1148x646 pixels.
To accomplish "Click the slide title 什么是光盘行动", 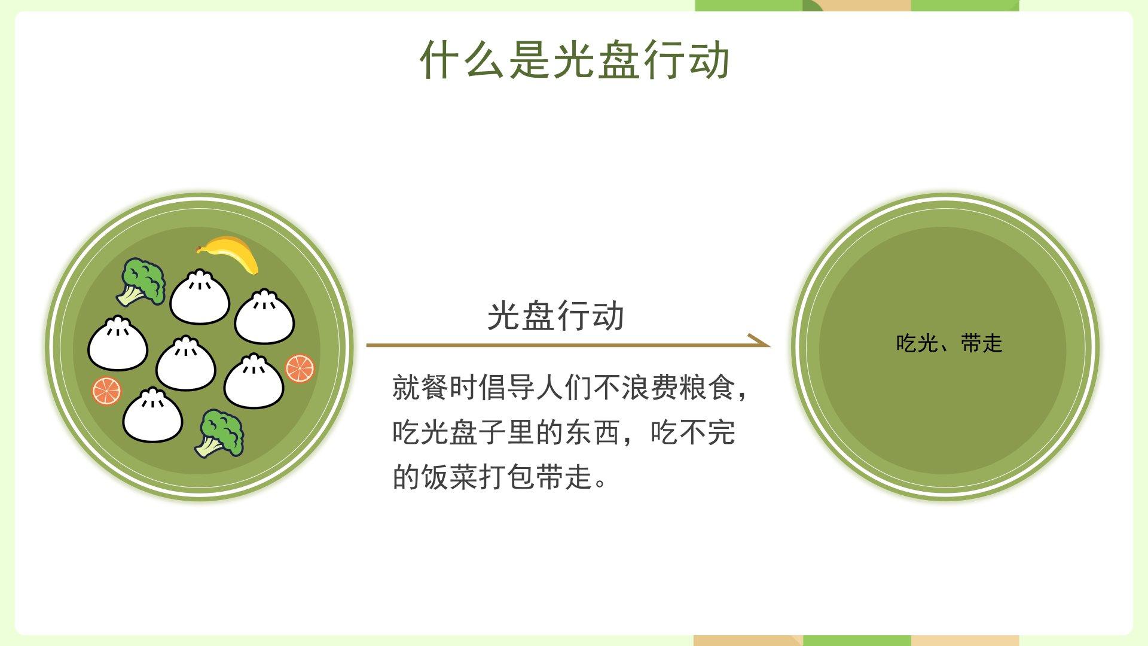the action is coord(575,60).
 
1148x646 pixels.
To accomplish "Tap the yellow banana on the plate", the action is coord(228,253).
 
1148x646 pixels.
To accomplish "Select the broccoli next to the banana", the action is coord(141,282).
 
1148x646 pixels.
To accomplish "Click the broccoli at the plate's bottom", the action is coord(219,434).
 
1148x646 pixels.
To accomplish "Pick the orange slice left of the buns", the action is coord(106,391).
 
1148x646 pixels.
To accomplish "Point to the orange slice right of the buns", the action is coord(300,368).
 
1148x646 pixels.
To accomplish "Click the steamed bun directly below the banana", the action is coord(200,297).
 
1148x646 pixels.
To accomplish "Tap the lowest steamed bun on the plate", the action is coord(152,415).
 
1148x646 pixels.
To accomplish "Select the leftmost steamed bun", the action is coord(118,343).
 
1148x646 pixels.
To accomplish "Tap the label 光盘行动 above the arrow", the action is coord(555,316).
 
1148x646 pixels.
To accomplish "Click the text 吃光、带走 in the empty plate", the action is coord(949,343).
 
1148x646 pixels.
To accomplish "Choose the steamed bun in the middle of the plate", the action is coord(186,363).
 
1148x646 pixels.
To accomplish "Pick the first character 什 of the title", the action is coord(441,60).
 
